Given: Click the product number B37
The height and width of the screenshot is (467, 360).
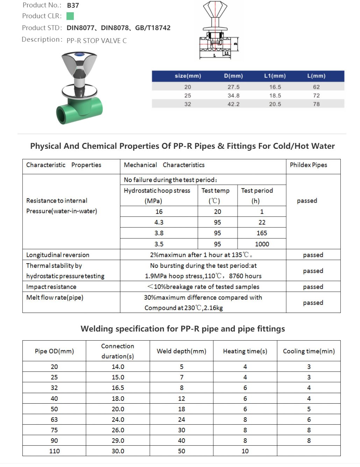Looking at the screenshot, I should tap(73, 5).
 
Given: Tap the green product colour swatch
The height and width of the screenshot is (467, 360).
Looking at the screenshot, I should tap(70, 16).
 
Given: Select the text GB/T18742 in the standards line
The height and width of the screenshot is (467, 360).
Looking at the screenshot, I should tap(153, 28).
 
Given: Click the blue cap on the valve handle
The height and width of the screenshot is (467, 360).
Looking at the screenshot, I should tap(79, 54).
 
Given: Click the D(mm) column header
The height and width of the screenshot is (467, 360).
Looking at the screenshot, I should tap(233, 76).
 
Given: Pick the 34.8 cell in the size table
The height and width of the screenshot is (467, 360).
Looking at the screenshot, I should tap(233, 96).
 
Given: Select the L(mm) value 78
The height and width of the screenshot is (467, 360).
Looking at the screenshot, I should tap(316, 104).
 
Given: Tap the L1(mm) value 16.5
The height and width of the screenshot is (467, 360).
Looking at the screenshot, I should tap(275, 87).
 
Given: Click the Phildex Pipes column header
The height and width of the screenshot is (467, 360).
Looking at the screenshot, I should tap(308, 165).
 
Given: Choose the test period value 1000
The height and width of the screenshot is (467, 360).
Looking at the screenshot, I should tap(262, 244).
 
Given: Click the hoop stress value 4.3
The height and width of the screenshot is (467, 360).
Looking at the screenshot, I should tap(159, 222).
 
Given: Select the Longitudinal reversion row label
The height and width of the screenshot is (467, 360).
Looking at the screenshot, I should tap(58, 255).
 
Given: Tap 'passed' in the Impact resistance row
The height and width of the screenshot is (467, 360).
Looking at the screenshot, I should tap(313, 287).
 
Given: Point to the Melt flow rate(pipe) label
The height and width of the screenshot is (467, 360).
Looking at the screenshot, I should tap(55, 298).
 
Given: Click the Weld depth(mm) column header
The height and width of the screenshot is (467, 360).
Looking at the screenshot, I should tap(181, 351).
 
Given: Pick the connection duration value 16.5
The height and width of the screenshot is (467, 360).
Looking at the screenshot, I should tap(118, 388).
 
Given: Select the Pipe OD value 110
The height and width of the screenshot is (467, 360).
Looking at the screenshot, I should tap(54, 451).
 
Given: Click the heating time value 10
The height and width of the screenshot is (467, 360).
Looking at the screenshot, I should tap(245, 451).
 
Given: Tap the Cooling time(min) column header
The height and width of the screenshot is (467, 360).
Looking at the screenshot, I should tap(309, 351).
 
